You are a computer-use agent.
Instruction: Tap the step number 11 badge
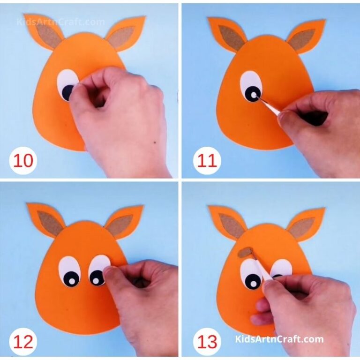coord(207,161)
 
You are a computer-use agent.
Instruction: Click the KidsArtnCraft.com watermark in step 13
coord(279,339)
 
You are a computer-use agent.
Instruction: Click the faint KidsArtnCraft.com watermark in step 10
coord(61,22)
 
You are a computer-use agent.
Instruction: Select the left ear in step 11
coord(228,34)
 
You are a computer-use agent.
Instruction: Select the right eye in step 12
coord(99,270)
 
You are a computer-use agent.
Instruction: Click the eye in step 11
coord(252,87)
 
